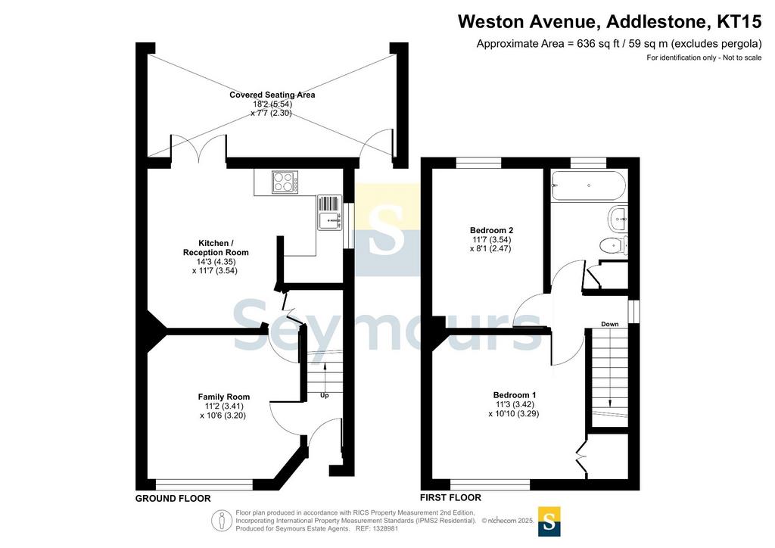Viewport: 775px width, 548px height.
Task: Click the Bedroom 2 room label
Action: pyautogui.click(x=491, y=230)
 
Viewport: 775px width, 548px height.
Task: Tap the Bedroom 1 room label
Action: pyautogui.click(x=515, y=395)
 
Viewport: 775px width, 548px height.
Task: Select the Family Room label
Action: pyautogui.click(x=224, y=397)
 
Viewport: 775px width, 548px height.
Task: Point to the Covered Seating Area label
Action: pyautogui.click(x=272, y=95)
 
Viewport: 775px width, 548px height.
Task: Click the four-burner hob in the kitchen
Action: pyautogui.click(x=285, y=182)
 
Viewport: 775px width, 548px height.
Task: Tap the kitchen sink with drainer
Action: pyautogui.click(x=329, y=213)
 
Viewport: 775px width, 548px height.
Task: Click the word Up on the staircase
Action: pyautogui.click(x=324, y=395)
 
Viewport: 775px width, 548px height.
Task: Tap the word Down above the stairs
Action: pyautogui.click(x=609, y=324)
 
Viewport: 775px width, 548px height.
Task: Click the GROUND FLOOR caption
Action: pyautogui.click(x=173, y=499)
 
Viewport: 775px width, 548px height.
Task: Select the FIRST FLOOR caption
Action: pyautogui.click(x=451, y=497)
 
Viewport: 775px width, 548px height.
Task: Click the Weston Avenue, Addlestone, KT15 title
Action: pyautogui.click(x=609, y=22)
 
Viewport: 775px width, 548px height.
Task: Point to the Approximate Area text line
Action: pyautogui.click(x=619, y=44)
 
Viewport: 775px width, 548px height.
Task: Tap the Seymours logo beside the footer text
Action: pyautogui.click(x=549, y=521)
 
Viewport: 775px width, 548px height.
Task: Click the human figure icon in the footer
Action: pyautogui.click(x=222, y=520)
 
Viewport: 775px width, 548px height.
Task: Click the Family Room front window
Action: pyautogui.click(x=204, y=484)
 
